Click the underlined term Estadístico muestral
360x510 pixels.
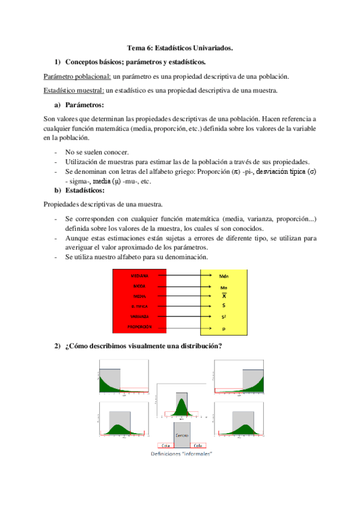tap(75, 91)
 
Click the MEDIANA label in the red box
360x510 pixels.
tap(139, 275)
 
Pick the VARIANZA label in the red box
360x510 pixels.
tap(139, 316)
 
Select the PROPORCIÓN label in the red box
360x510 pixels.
tap(139, 327)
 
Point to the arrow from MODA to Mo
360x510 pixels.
tap(180, 286)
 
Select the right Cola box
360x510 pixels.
tap(198, 446)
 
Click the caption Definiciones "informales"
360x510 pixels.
tap(182, 454)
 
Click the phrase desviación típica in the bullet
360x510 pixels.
tap(280, 171)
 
